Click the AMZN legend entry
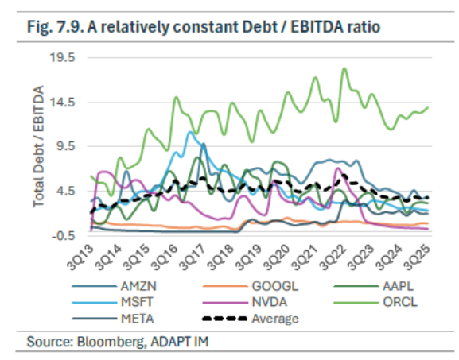[115, 286]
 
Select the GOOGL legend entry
[251, 286]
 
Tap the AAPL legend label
[398, 286]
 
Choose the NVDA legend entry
[245, 302]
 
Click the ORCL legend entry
[375, 302]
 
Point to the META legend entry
[113, 319]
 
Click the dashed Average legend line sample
[225, 319]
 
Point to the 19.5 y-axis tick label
[62, 57]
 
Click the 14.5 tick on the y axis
[62, 103]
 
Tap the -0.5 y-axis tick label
[64, 235]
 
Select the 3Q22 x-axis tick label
[333, 257]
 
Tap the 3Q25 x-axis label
[417, 257]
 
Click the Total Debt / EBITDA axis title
[38, 146]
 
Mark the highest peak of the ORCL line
[344, 68]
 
